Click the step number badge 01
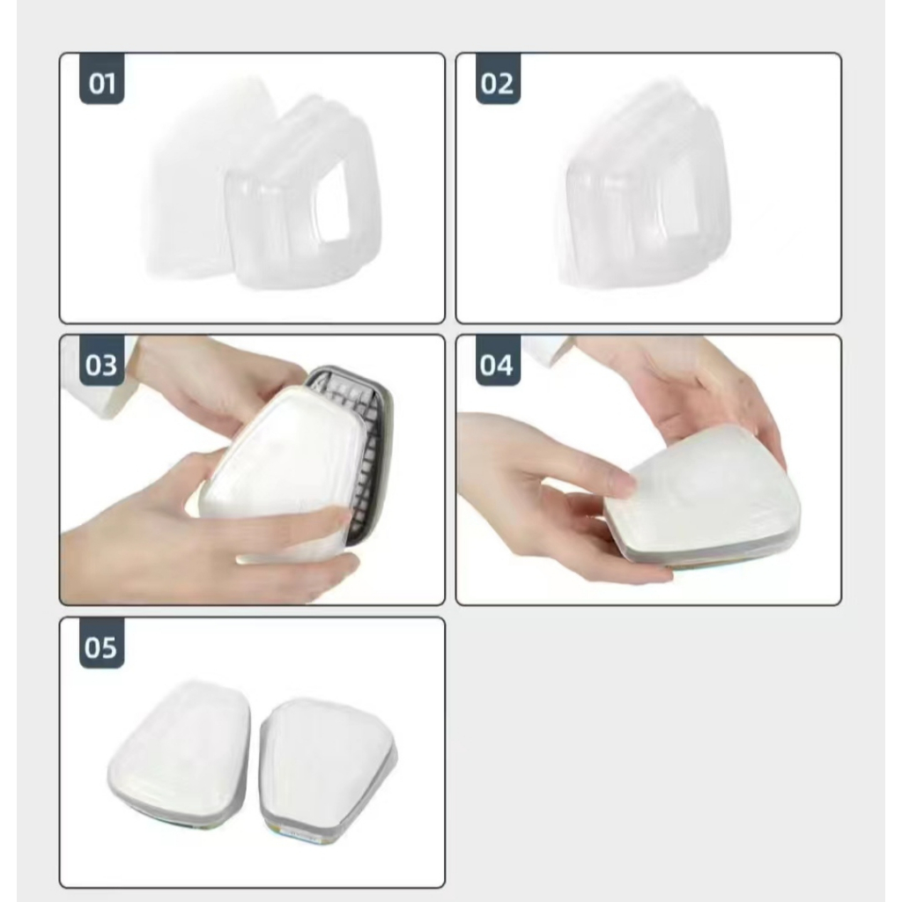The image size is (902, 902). [102, 78]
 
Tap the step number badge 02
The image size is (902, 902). [499, 78]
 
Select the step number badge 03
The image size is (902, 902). [102, 360]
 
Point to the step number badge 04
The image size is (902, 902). [499, 360]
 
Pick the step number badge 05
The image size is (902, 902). [102, 644]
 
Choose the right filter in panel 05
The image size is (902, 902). [327, 771]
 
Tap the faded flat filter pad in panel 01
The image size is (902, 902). [190, 178]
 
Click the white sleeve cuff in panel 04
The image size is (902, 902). [546, 347]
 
